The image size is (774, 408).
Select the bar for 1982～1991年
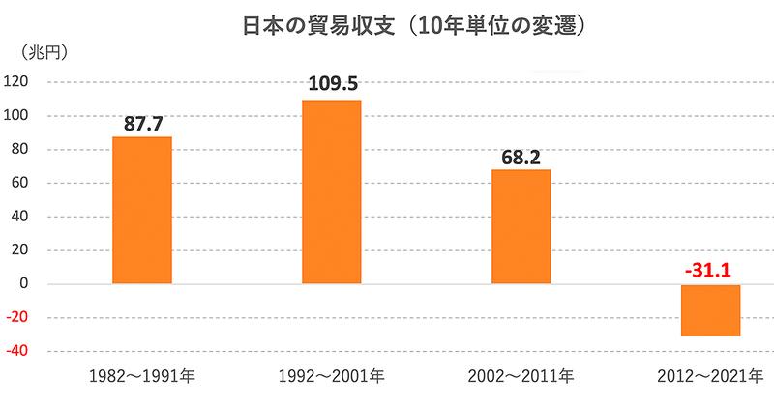click(x=142, y=210)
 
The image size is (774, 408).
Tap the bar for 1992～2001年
click(x=332, y=191)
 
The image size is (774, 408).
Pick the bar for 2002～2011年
click(x=521, y=226)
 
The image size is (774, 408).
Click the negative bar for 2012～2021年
click(x=711, y=310)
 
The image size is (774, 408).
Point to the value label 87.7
click(x=143, y=123)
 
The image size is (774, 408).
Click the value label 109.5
click(x=332, y=84)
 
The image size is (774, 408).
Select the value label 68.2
click(x=521, y=156)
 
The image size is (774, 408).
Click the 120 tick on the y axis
click(x=16, y=82)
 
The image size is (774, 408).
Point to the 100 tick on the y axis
click(x=16, y=116)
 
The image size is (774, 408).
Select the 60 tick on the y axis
click(x=20, y=183)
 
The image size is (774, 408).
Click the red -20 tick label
click(x=18, y=318)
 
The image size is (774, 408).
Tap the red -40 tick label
click(x=18, y=352)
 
